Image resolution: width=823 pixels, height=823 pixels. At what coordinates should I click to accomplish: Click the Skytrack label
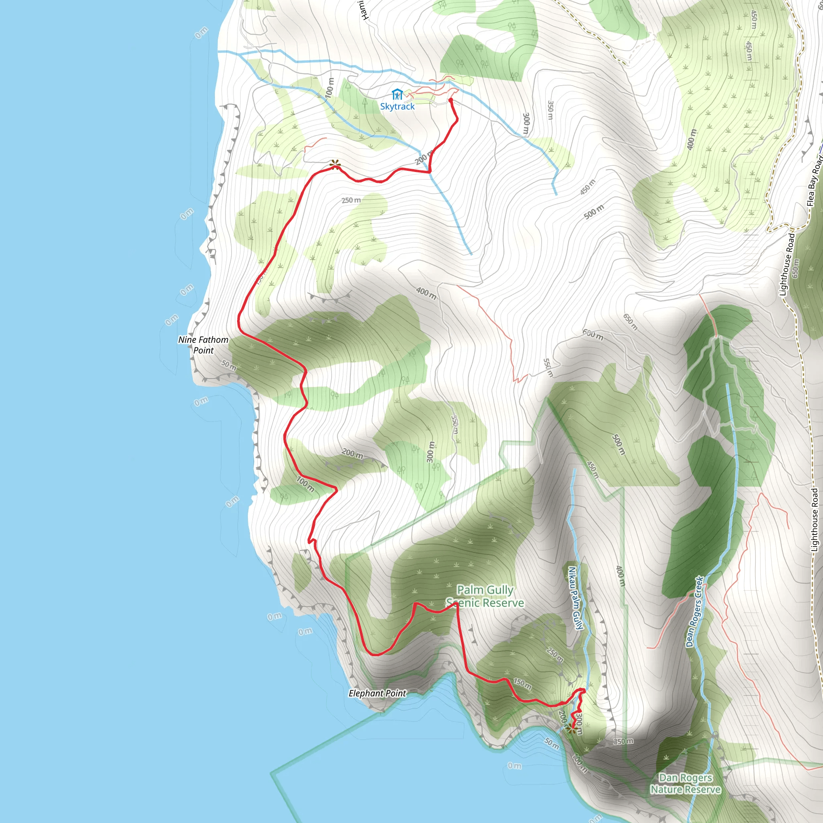pos(397,106)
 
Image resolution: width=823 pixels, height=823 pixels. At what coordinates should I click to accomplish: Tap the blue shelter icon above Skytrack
pos(397,94)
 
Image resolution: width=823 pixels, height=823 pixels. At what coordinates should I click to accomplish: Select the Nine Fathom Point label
pos(203,345)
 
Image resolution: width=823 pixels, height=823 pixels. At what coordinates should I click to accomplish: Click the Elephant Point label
pos(377,694)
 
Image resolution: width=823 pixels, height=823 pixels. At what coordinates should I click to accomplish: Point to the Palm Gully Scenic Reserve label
pos(485,596)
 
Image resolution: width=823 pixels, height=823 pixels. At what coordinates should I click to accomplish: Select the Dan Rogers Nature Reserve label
pos(686,783)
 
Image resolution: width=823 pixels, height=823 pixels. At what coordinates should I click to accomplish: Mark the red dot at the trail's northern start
pos(451,100)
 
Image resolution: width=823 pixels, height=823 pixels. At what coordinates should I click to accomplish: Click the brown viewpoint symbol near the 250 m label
pos(335,164)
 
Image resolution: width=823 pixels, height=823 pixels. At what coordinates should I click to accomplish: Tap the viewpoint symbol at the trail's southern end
pos(571,728)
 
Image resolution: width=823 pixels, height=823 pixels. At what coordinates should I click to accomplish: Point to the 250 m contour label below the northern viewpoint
pos(351,200)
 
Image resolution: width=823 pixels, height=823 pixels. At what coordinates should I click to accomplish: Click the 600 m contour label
pos(593,335)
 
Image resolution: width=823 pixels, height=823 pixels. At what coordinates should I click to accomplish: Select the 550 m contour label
pos(548,368)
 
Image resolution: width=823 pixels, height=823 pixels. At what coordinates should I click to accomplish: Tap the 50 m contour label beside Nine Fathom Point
pos(229,365)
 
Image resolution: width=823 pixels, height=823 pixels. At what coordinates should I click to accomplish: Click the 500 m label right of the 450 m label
pos(594,212)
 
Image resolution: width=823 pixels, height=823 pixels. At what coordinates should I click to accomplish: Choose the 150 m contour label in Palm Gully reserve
pos(522,684)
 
